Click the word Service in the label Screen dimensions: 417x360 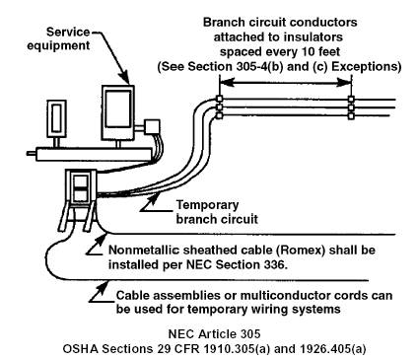pyautogui.click(x=68, y=32)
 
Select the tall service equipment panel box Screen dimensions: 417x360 pyautogui.click(x=118, y=112)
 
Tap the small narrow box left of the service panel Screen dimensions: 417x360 pyautogui.click(x=56, y=118)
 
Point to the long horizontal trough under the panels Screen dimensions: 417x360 pyautogui.click(x=94, y=154)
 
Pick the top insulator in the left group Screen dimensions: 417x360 pyautogui.click(x=219, y=99)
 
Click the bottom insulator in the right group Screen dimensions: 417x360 pyautogui.click(x=351, y=115)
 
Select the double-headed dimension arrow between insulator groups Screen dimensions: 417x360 pyautogui.click(x=285, y=82)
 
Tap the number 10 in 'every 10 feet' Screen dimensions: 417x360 pyautogui.click(x=311, y=51)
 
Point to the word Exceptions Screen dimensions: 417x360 pyautogui.click(x=366, y=67)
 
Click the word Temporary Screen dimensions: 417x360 pyautogui.click(x=208, y=205)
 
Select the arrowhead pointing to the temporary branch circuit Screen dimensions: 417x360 pyautogui.click(x=156, y=199)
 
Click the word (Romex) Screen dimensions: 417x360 pyautogui.click(x=300, y=251)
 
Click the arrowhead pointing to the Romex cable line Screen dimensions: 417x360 pyautogui.click(x=102, y=238)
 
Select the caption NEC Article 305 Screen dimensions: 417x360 pyautogui.click(x=214, y=334)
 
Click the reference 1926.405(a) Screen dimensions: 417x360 pyautogui.click(x=332, y=348)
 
